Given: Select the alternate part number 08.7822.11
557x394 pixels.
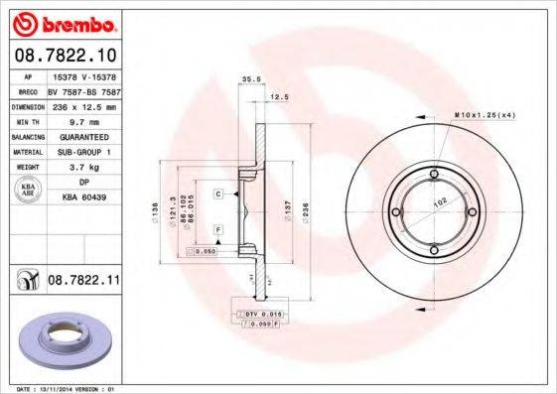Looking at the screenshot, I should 83,283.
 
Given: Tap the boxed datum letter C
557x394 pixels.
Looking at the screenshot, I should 217,194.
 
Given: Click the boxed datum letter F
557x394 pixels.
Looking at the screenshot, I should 217,230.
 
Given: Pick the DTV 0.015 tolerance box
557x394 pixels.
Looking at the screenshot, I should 256,315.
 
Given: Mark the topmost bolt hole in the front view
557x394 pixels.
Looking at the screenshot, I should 433,178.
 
